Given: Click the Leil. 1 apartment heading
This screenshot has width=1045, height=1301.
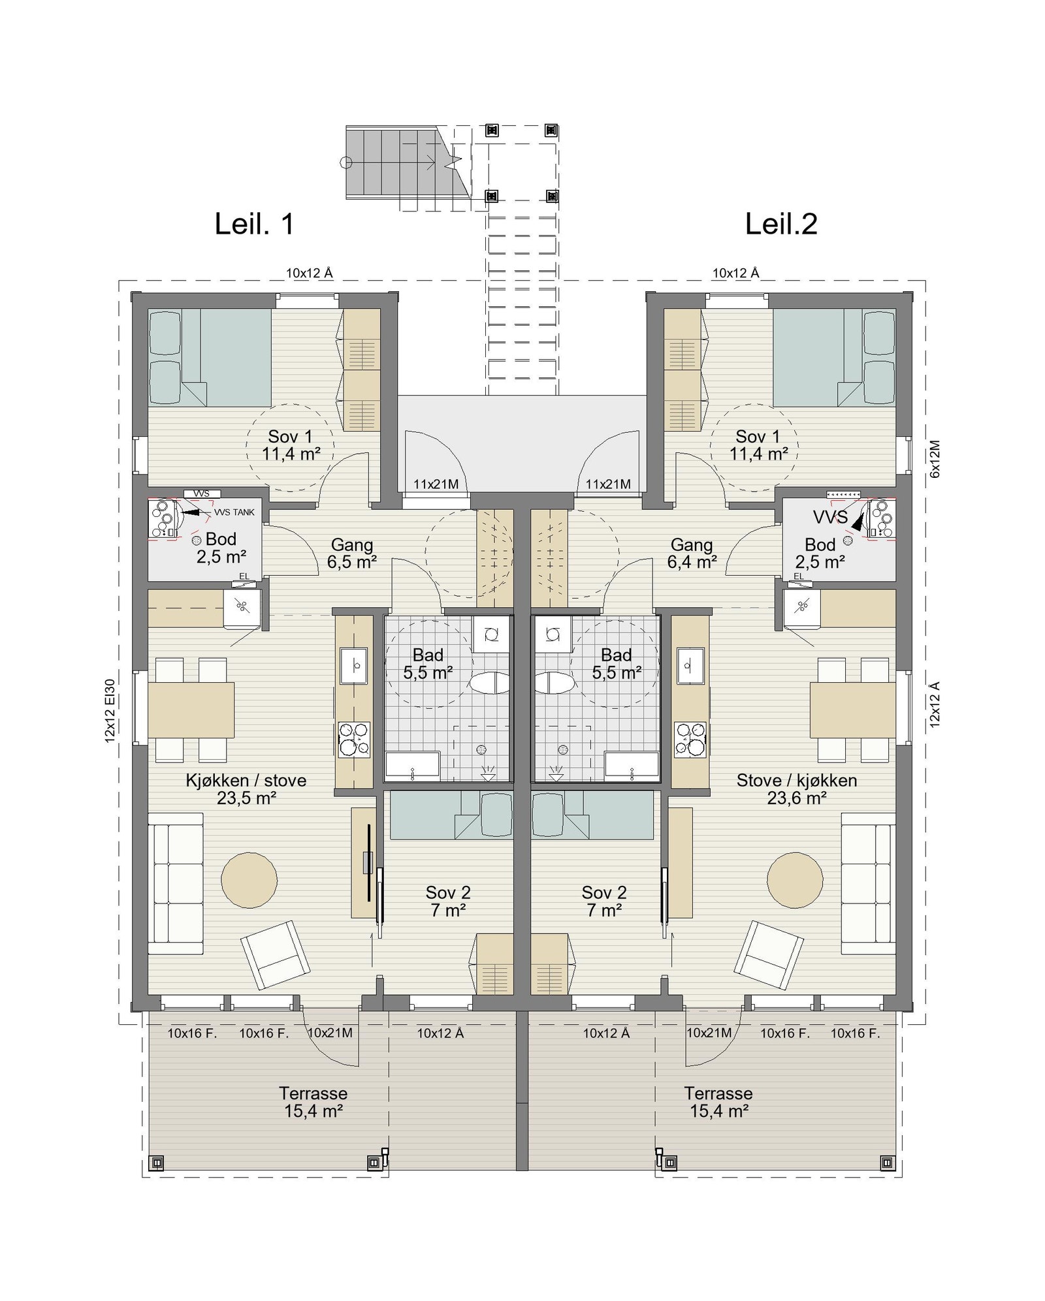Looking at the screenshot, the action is (254, 224).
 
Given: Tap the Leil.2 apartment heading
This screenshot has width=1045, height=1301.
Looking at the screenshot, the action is (781, 224).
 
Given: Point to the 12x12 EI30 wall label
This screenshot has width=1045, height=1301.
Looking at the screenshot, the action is (110, 710).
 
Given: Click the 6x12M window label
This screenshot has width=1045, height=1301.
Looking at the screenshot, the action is (935, 459).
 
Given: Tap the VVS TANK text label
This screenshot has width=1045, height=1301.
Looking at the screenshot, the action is (234, 512).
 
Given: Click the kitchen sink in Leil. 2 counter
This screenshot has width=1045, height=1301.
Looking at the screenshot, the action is (690, 665).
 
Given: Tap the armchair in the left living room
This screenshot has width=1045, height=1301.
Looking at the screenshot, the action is (275, 954).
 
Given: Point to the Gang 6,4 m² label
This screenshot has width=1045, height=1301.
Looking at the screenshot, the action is (692, 553).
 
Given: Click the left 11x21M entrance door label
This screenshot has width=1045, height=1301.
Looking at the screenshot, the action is (436, 484).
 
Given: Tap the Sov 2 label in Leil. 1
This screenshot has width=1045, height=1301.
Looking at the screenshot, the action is (448, 901).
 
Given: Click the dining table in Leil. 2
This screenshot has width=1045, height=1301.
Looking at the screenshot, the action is (852, 710).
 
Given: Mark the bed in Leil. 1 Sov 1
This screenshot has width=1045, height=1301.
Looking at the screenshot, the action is (210, 358).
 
